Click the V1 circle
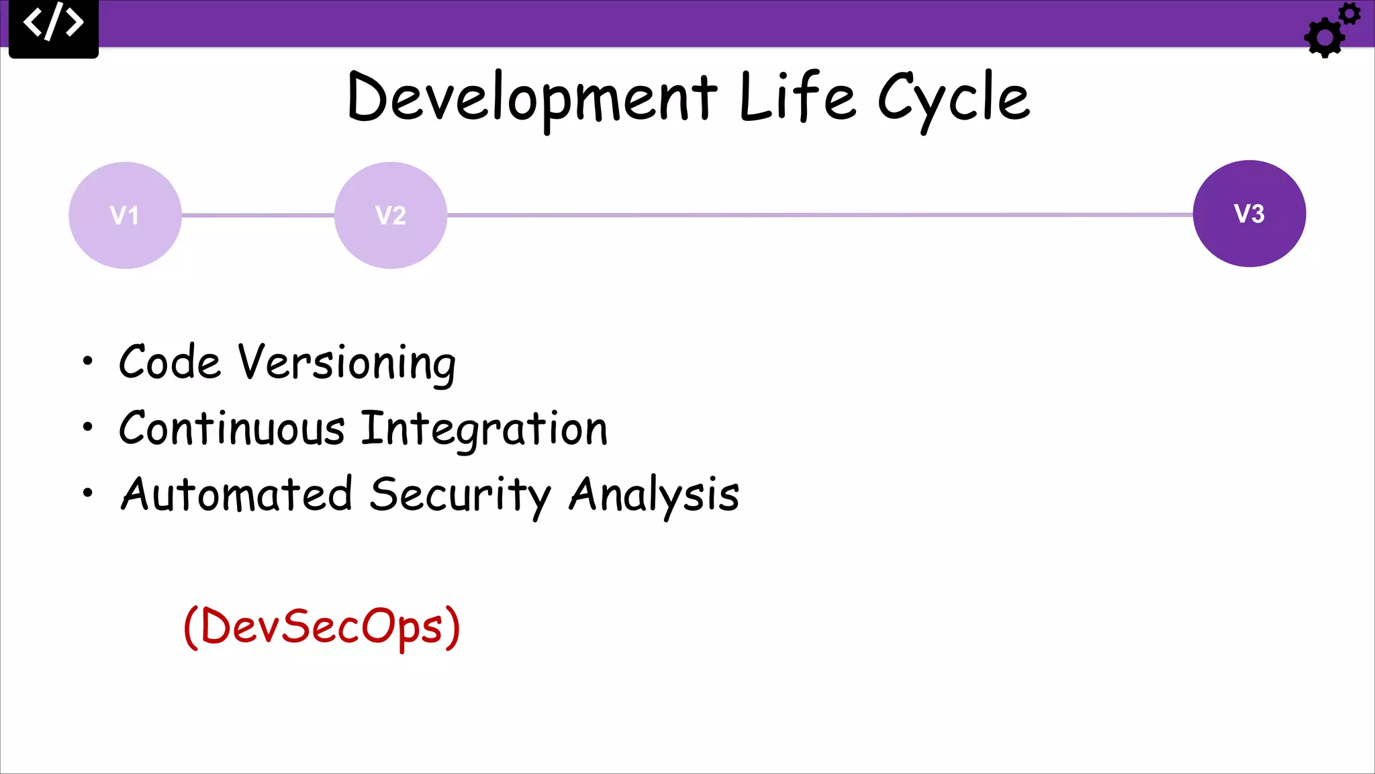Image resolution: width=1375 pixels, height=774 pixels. click(125, 215)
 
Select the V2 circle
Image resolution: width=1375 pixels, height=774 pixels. click(391, 215)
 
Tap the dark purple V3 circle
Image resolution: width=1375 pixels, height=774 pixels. click(1249, 214)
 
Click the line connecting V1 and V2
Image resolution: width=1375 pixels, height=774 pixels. click(258, 216)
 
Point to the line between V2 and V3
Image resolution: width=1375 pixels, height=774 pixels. click(819, 215)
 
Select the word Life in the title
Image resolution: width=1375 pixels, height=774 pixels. click(798, 97)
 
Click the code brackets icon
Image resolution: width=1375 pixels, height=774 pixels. click(54, 23)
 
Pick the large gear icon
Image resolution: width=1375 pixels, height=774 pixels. click(1323, 38)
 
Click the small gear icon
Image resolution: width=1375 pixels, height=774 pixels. click(1349, 14)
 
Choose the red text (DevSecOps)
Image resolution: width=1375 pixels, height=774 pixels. click(322, 626)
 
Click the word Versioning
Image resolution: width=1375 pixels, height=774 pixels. click(347, 363)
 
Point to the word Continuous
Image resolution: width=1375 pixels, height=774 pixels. click(232, 429)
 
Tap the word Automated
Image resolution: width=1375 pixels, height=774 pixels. click(236, 494)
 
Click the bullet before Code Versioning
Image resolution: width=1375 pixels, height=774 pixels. click(87, 361)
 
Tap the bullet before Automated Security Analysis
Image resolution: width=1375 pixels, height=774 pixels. click(87, 493)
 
